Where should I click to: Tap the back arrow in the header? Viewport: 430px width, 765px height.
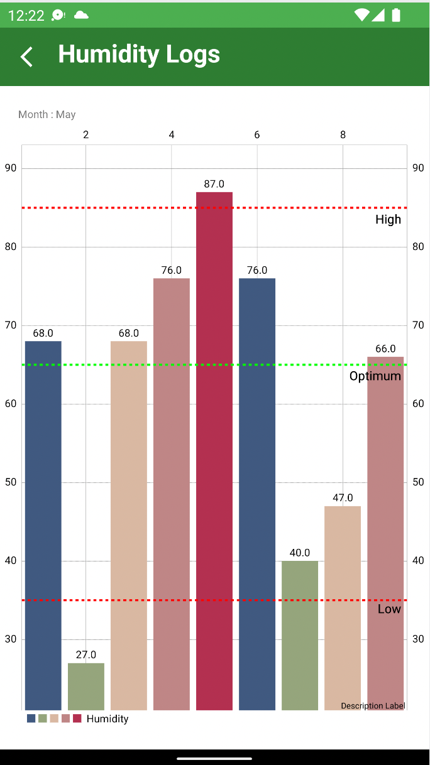[x=26, y=57]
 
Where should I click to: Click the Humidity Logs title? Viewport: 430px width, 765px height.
[x=139, y=55]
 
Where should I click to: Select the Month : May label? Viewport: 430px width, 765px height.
[x=47, y=114]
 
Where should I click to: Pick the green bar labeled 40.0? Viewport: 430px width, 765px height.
[x=300, y=634]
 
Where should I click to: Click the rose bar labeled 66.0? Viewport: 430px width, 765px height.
[x=385, y=534]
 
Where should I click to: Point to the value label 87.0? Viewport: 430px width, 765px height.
[x=214, y=184]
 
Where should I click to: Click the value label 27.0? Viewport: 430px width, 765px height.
[x=86, y=655]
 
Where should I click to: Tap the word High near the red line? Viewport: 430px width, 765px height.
[x=388, y=219]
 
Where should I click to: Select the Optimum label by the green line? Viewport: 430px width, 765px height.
[x=375, y=376]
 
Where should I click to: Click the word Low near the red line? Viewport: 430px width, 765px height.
[x=389, y=609]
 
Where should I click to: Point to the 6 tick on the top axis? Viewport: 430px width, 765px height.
[x=257, y=135]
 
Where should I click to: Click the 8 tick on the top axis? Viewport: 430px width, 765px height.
[x=343, y=135]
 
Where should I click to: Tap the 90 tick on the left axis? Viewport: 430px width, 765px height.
[x=11, y=168]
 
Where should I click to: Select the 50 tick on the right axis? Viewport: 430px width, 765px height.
[x=418, y=482]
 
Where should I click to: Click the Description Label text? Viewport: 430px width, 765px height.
[x=373, y=706]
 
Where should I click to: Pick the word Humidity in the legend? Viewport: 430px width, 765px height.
[x=107, y=719]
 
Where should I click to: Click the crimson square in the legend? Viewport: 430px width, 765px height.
[x=77, y=719]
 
